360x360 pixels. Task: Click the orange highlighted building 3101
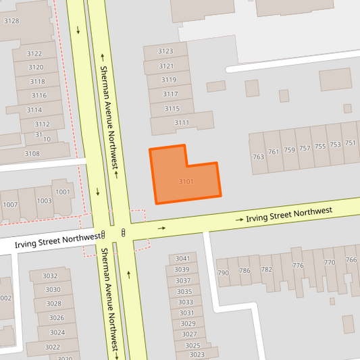click(x=186, y=181)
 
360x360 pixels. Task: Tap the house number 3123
click(x=165, y=51)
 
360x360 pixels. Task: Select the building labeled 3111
click(x=182, y=122)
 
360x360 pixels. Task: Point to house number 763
click(x=258, y=157)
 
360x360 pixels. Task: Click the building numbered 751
click(x=350, y=143)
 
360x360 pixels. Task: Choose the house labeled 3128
click(x=11, y=21)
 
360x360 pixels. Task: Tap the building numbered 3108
click(x=32, y=153)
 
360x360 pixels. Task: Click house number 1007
click(x=10, y=205)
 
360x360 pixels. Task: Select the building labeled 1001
click(x=63, y=192)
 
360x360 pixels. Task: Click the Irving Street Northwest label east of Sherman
click(x=289, y=215)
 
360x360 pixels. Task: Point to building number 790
click(x=223, y=273)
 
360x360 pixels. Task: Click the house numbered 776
click(x=298, y=265)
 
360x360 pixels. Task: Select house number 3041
click(x=182, y=259)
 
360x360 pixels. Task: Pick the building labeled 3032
click(x=50, y=276)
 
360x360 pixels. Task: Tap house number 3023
click(x=197, y=355)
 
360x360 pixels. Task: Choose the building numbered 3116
click(x=38, y=95)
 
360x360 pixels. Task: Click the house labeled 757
click(x=305, y=149)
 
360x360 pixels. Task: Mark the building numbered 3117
click(x=170, y=94)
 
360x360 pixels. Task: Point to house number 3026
click(x=57, y=317)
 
